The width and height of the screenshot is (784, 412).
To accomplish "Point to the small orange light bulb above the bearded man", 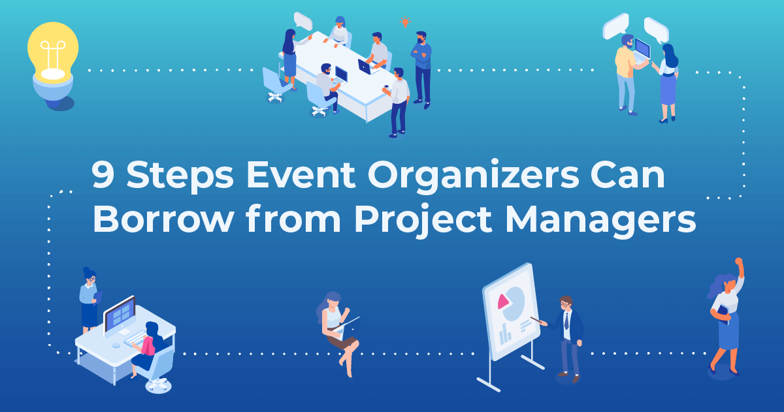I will pos(405,22).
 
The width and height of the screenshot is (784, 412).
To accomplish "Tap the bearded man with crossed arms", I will pos(421,65).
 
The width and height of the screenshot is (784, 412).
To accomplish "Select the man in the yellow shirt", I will pos(626,72).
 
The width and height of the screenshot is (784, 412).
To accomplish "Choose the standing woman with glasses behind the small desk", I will pos(89,300).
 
